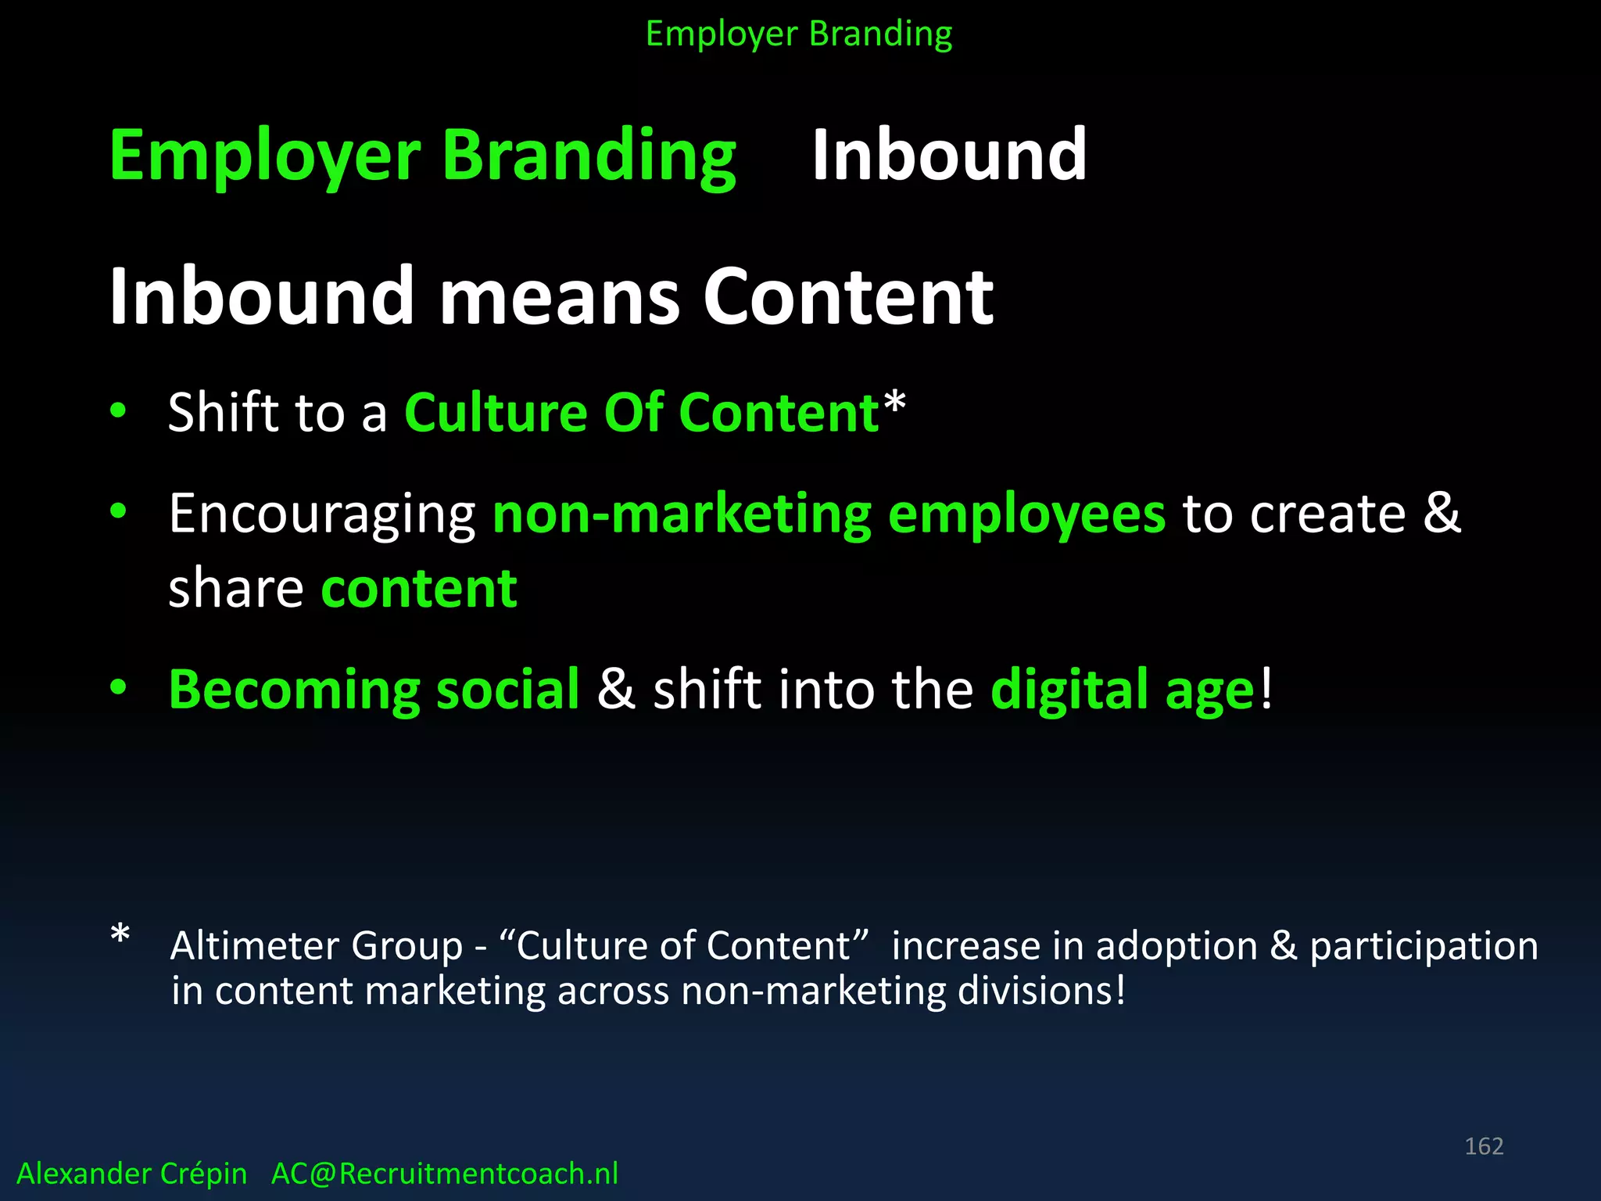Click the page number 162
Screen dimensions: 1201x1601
coord(1483,1146)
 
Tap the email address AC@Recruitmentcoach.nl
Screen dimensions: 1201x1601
coord(444,1174)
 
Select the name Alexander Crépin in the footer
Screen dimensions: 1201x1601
coord(131,1174)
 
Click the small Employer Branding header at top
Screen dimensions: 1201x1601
coord(799,34)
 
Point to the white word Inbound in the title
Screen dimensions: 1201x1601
coord(949,155)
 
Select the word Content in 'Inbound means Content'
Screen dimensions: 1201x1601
coord(848,297)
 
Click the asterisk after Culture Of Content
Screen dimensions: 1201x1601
coord(894,403)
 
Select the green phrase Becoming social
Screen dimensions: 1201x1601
coord(374,690)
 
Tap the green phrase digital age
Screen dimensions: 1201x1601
coord(1123,690)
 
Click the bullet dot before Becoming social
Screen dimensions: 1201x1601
coord(118,687)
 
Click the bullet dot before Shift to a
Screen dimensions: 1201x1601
coord(118,410)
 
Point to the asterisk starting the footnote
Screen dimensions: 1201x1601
coord(120,935)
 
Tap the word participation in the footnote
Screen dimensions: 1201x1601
coord(1424,946)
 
